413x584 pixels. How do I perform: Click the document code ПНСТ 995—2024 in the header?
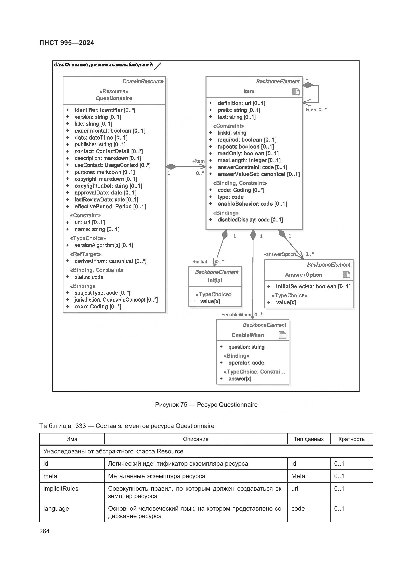coord(67,43)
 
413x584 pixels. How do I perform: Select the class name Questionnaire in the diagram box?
coord(114,98)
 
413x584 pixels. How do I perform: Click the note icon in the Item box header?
coord(295,92)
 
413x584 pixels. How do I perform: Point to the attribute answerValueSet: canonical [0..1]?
coord(258,174)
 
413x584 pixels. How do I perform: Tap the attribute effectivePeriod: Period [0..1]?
coord(110,206)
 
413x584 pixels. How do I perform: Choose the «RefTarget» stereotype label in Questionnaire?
coord(85,254)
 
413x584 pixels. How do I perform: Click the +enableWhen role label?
coord(236,315)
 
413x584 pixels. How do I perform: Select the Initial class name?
coord(215,281)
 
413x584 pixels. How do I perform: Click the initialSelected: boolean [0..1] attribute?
coord(313,286)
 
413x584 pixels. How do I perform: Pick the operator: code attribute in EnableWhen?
coord(246,363)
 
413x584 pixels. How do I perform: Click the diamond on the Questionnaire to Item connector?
coord(171,167)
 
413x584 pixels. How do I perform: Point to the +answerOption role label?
coord(279,254)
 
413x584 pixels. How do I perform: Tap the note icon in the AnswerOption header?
coord(346,275)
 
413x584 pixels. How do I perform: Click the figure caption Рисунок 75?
coord(206,405)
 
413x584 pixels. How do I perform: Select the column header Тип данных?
coord(308,439)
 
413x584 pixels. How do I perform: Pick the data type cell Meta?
coord(298,476)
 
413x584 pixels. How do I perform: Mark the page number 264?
coord(44,531)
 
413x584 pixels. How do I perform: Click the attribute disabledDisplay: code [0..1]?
coord(250,220)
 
